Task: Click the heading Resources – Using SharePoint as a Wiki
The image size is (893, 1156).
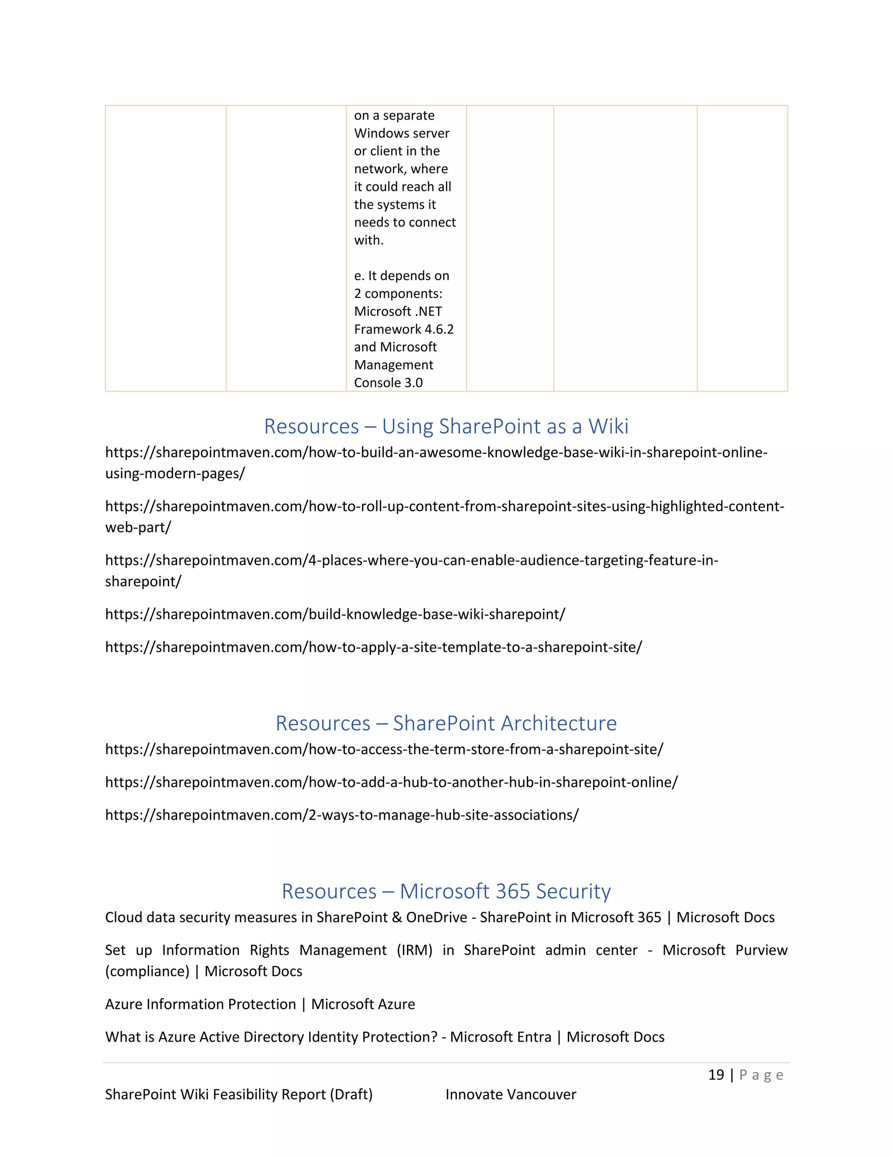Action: pyautogui.click(x=446, y=426)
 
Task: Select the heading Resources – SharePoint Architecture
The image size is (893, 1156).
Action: pyautogui.click(x=446, y=723)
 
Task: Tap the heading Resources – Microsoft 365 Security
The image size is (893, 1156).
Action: pyautogui.click(x=446, y=891)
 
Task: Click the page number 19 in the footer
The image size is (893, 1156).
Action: pyautogui.click(x=716, y=1074)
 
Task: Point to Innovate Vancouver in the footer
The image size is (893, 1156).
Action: pyautogui.click(x=511, y=1094)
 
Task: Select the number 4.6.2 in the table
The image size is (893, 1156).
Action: pyautogui.click(x=439, y=329)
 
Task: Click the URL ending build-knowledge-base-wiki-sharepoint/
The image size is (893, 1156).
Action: pyautogui.click(x=335, y=614)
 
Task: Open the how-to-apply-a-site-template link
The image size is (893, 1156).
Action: pyautogui.click(x=373, y=647)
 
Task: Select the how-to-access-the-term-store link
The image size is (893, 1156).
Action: pyautogui.click(x=384, y=749)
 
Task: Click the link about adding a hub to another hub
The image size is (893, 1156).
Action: pyautogui.click(x=391, y=782)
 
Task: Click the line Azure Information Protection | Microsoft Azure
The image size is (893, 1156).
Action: pyautogui.click(x=260, y=1004)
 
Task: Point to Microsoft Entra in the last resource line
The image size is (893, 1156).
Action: pyautogui.click(x=501, y=1037)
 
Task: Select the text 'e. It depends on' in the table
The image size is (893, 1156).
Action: pyautogui.click(x=402, y=276)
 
